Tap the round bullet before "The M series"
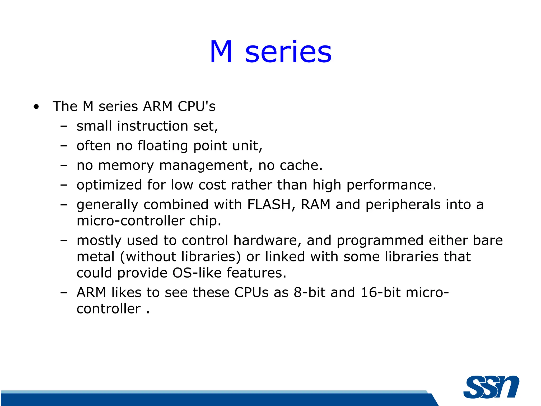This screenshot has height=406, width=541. click(36, 107)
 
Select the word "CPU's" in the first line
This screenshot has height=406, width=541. click(197, 106)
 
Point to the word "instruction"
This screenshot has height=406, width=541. click(152, 126)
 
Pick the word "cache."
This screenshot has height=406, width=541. click(301, 165)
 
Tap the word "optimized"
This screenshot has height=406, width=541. click(109, 185)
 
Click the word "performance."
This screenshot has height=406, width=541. click(391, 185)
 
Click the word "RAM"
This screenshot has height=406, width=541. click(316, 205)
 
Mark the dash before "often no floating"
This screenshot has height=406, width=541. click(64, 146)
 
